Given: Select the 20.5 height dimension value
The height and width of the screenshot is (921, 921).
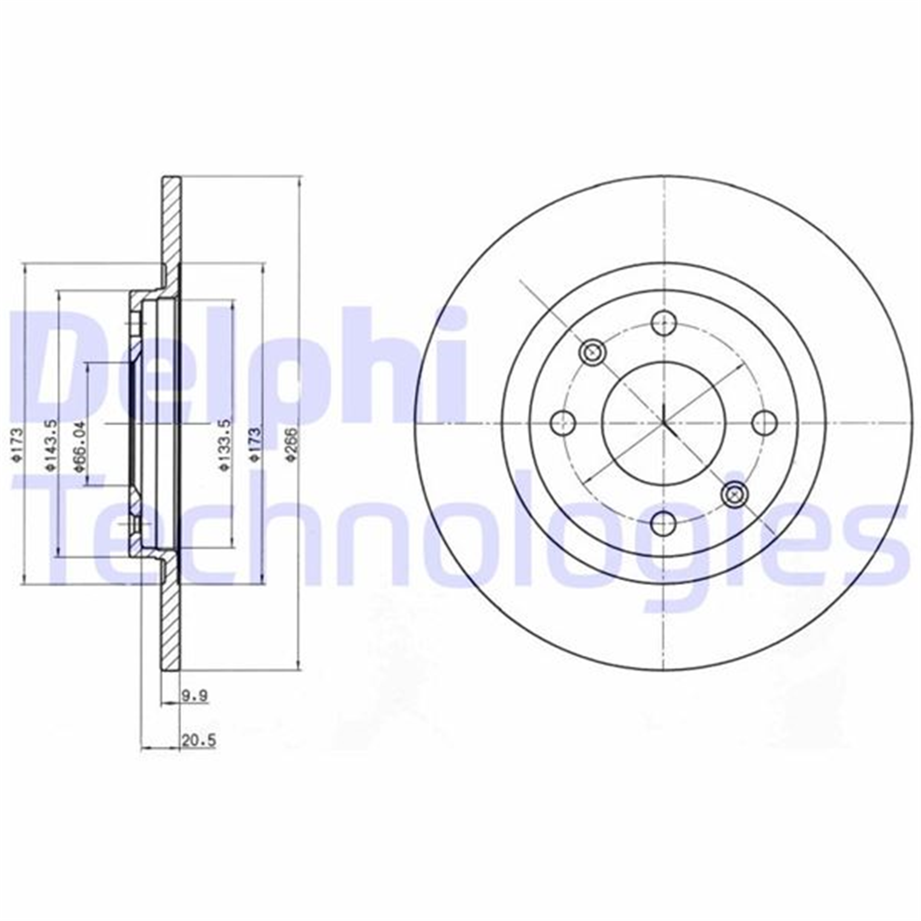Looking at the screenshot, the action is click(199, 741).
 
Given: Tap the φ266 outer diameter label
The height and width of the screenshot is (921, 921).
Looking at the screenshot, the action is click(292, 444).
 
